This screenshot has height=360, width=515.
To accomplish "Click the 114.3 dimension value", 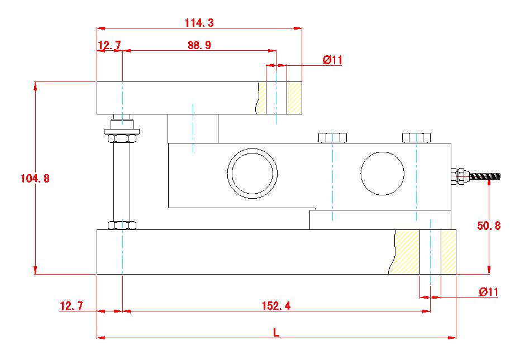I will tap(199, 23).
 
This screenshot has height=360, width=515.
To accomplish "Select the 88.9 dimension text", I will tap(199, 46).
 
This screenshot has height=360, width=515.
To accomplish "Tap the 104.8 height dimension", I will tap(35, 179).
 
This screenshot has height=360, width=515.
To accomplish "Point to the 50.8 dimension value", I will tap(489, 225).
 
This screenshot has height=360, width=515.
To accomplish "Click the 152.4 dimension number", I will tap(276, 306).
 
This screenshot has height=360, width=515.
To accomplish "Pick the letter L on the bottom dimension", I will tap(275, 332).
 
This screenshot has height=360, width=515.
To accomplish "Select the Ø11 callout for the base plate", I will tap(488, 292).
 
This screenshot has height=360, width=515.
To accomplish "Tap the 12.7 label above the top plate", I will tap(109, 46).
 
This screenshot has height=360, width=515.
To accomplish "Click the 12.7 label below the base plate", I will tap(71, 306).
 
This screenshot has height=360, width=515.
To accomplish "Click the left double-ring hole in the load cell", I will tap(252, 172).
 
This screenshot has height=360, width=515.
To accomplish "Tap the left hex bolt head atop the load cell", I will tap(332, 137).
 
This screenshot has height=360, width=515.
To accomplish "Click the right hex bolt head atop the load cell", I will tap(416, 137).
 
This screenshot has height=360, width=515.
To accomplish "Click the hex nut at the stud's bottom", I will tap(122, 225).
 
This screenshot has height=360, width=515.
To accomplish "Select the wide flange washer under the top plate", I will tap(122, 132).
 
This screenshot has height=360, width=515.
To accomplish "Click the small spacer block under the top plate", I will tap(193, 128).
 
